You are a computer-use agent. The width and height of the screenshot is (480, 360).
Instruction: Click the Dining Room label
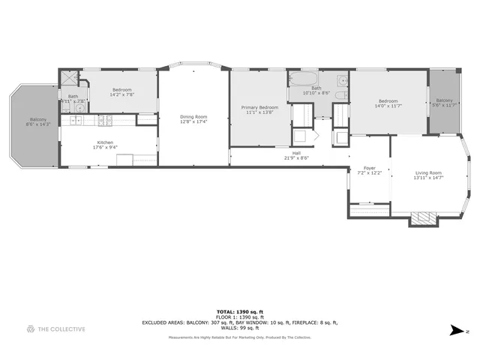(193, 116)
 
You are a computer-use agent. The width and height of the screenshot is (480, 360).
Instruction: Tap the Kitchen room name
(105, 142)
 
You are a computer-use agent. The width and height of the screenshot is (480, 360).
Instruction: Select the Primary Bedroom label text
(259, 107)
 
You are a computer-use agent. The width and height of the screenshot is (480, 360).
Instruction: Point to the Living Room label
(429, 173)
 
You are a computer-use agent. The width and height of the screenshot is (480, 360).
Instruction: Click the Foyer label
(369, 168)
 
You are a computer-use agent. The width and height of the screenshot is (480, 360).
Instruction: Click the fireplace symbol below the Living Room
(421, 219)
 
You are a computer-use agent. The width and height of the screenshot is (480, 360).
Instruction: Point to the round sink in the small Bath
(79, 108)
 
